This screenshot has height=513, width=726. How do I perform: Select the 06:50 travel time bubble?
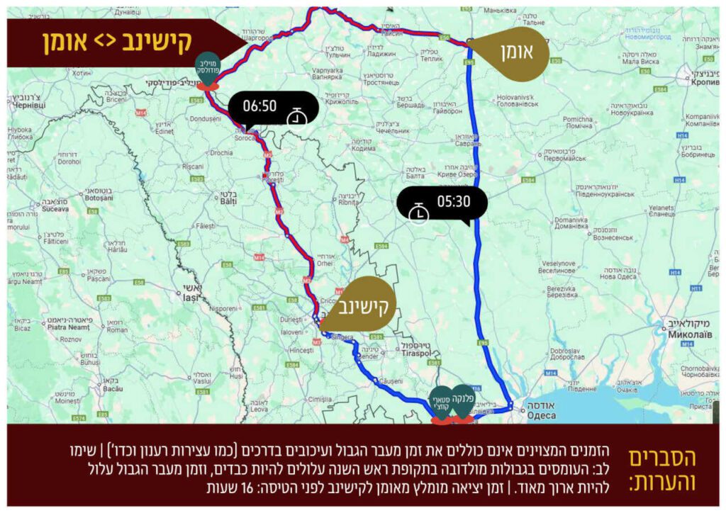(273, 108)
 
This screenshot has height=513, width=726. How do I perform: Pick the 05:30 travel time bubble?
(442, 203)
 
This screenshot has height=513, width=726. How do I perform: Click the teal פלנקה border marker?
(463, 402)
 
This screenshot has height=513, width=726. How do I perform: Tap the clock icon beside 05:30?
(420, 211)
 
